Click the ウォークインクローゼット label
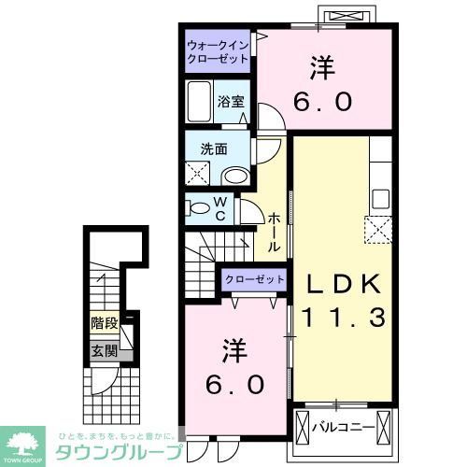[x=217, y=50]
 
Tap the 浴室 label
[x=231, y=102]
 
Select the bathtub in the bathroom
[x=200, y=102]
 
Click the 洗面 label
[x=213, y=148]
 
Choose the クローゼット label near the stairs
[x=254, y=279]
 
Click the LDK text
[x=341, y=284]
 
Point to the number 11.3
[x=341, y=318]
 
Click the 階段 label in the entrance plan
[x=105, y=323]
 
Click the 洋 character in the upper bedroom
[x=323, y=67]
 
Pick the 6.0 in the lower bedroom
[x=235, y=383]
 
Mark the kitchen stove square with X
[x=379, y=229]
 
